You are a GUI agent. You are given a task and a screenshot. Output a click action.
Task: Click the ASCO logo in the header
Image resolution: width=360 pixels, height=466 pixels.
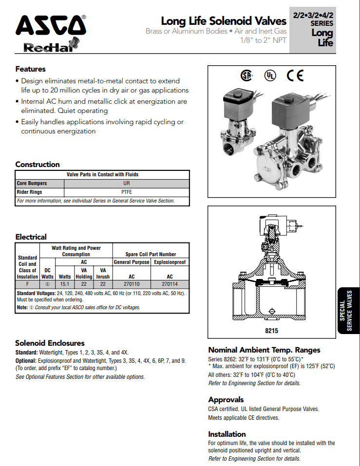click(50, 24)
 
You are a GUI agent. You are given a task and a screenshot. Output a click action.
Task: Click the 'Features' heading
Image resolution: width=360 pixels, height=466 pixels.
click(30, 69)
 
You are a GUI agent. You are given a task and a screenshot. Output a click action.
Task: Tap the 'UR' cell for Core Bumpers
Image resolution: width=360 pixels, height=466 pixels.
click(127, 184)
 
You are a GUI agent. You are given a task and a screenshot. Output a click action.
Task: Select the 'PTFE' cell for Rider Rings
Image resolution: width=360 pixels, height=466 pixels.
click(127, 192)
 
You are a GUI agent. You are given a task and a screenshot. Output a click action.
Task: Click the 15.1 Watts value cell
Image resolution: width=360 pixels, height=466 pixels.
click(65, 283)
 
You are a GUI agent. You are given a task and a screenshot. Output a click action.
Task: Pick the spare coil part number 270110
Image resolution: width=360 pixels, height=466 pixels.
click(132, 283)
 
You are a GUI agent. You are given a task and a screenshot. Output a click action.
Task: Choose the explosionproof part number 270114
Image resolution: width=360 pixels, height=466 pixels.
click(170, 283)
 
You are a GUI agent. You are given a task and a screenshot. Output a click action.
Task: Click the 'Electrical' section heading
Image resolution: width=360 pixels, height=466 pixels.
click(31, 237)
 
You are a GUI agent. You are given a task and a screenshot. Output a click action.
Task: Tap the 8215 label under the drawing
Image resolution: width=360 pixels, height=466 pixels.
click(271, 331)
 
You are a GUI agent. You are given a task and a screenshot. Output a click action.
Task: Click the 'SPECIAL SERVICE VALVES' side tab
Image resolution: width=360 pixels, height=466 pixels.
click(349, 311)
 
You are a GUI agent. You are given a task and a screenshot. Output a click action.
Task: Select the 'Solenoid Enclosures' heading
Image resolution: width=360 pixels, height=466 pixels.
click(50, 343)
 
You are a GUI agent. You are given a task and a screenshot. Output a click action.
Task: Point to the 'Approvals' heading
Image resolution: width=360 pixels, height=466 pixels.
click(226, 400)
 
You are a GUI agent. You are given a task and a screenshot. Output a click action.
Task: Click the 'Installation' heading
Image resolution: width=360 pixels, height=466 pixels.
click(227, 434)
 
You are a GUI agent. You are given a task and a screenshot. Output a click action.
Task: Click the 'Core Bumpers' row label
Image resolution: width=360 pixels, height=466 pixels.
click(32, 184)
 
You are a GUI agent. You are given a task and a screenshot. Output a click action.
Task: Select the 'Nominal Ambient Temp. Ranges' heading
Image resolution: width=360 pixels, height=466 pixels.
click(264, 350)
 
